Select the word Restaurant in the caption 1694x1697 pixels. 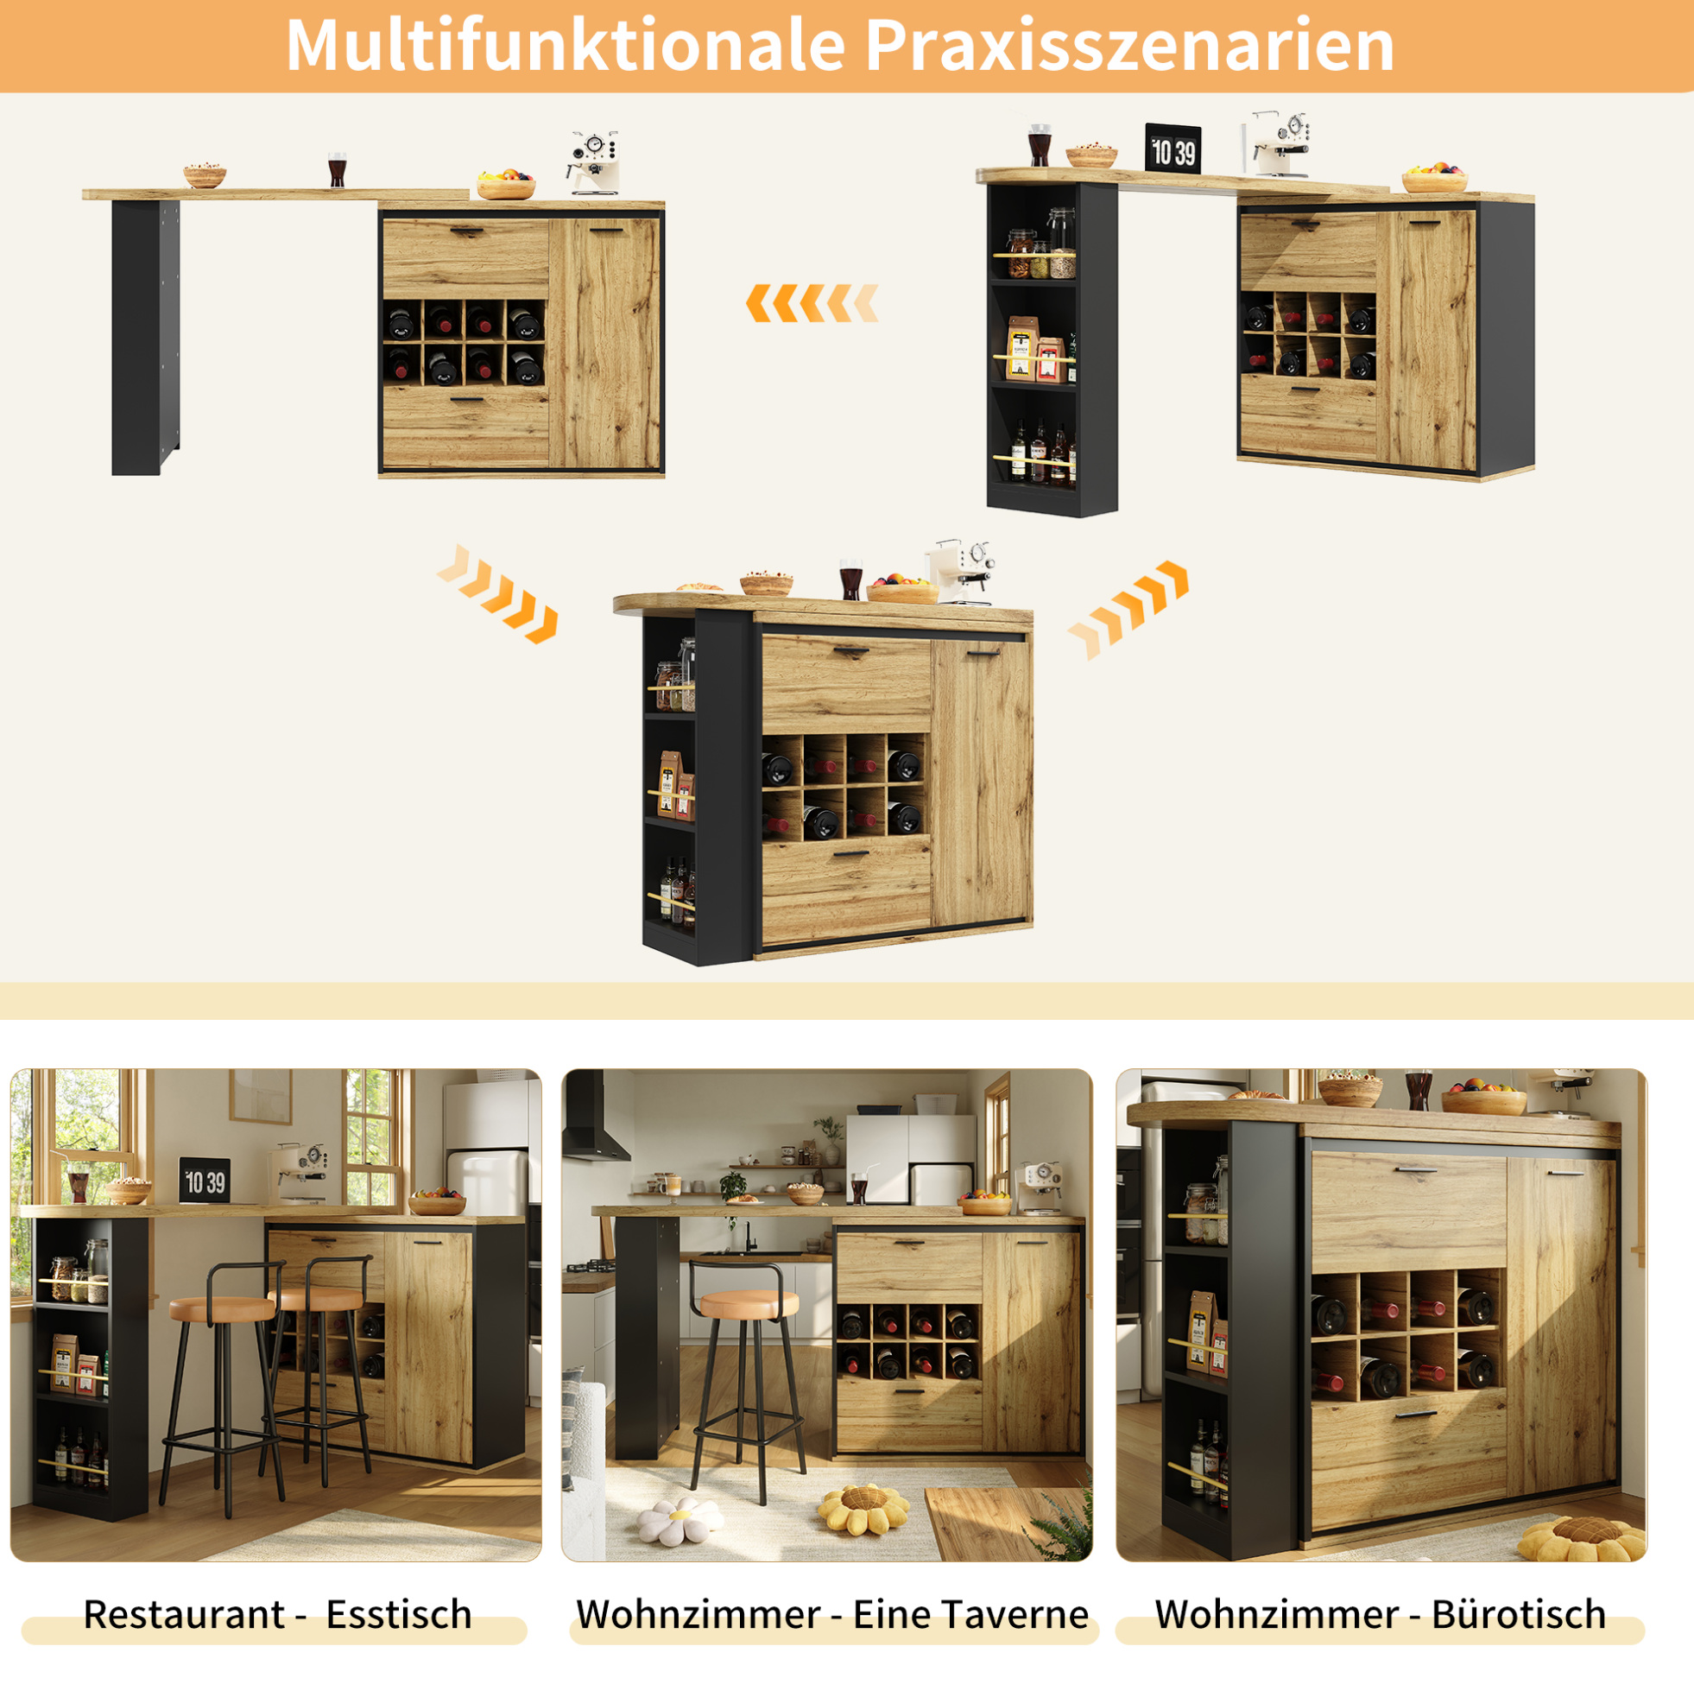click(185, 1613)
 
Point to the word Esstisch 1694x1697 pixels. click(399, 1613)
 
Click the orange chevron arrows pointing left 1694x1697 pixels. click(812, 303)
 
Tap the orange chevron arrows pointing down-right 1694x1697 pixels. click(498, 593)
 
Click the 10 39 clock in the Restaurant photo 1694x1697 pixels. click(205, 1181)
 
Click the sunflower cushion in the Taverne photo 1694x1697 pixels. click(862, 1510)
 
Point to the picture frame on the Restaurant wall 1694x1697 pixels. click(261, 1096)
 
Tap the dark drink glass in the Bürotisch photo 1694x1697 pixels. click(1419, 1090)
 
